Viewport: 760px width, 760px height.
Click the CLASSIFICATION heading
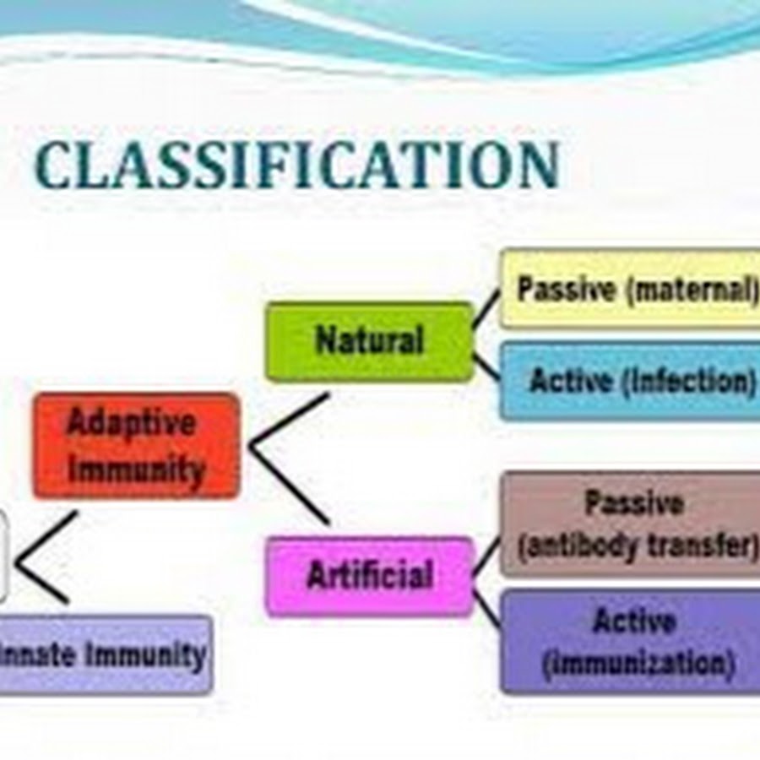click(297, 165)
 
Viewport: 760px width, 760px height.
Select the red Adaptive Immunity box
click(137, 446)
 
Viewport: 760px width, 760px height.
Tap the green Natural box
click(369, 341)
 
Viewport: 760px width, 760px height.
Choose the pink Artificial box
click(369, 576)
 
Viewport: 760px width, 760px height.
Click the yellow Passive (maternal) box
click(630, 289)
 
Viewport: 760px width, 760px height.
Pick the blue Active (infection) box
click(630, 381)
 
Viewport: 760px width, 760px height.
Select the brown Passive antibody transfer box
click(630, 524)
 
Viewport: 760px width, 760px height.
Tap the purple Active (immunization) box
click(630, 641)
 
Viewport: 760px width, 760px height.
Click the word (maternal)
click(692, 290)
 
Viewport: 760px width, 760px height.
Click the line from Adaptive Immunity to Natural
click(289, 420)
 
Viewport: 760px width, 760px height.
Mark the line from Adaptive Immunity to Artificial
click(289, 486)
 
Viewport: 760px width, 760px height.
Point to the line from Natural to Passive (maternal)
click(486, 309)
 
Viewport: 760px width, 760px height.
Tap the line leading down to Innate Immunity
click(43, 583)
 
